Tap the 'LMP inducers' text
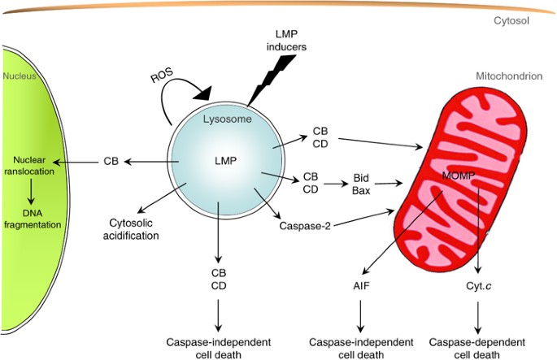287,41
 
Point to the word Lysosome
227,119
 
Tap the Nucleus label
21,76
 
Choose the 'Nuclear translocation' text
32,166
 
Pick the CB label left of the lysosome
111,161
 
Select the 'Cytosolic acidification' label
133,229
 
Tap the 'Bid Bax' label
362,183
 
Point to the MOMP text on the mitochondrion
459,176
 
